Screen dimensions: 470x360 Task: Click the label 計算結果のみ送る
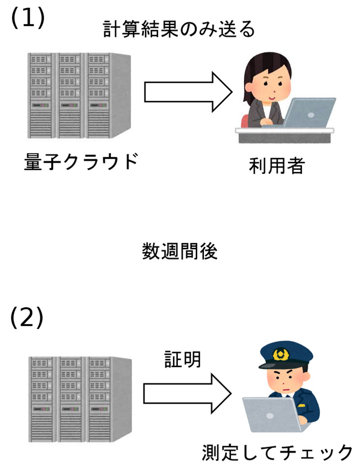click(179, 30)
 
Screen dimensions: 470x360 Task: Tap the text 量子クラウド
click(80, 162)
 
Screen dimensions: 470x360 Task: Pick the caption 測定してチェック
click(276, 452)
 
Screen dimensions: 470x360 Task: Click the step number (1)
click(27, 18)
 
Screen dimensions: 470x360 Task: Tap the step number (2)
click(27, 318)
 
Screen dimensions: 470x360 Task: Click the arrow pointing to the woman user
click(187, 93)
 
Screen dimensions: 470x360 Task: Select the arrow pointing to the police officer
click(187, 393)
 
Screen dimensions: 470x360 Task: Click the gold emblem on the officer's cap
click(282, 354)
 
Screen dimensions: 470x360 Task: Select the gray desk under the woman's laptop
click(285, 135)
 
